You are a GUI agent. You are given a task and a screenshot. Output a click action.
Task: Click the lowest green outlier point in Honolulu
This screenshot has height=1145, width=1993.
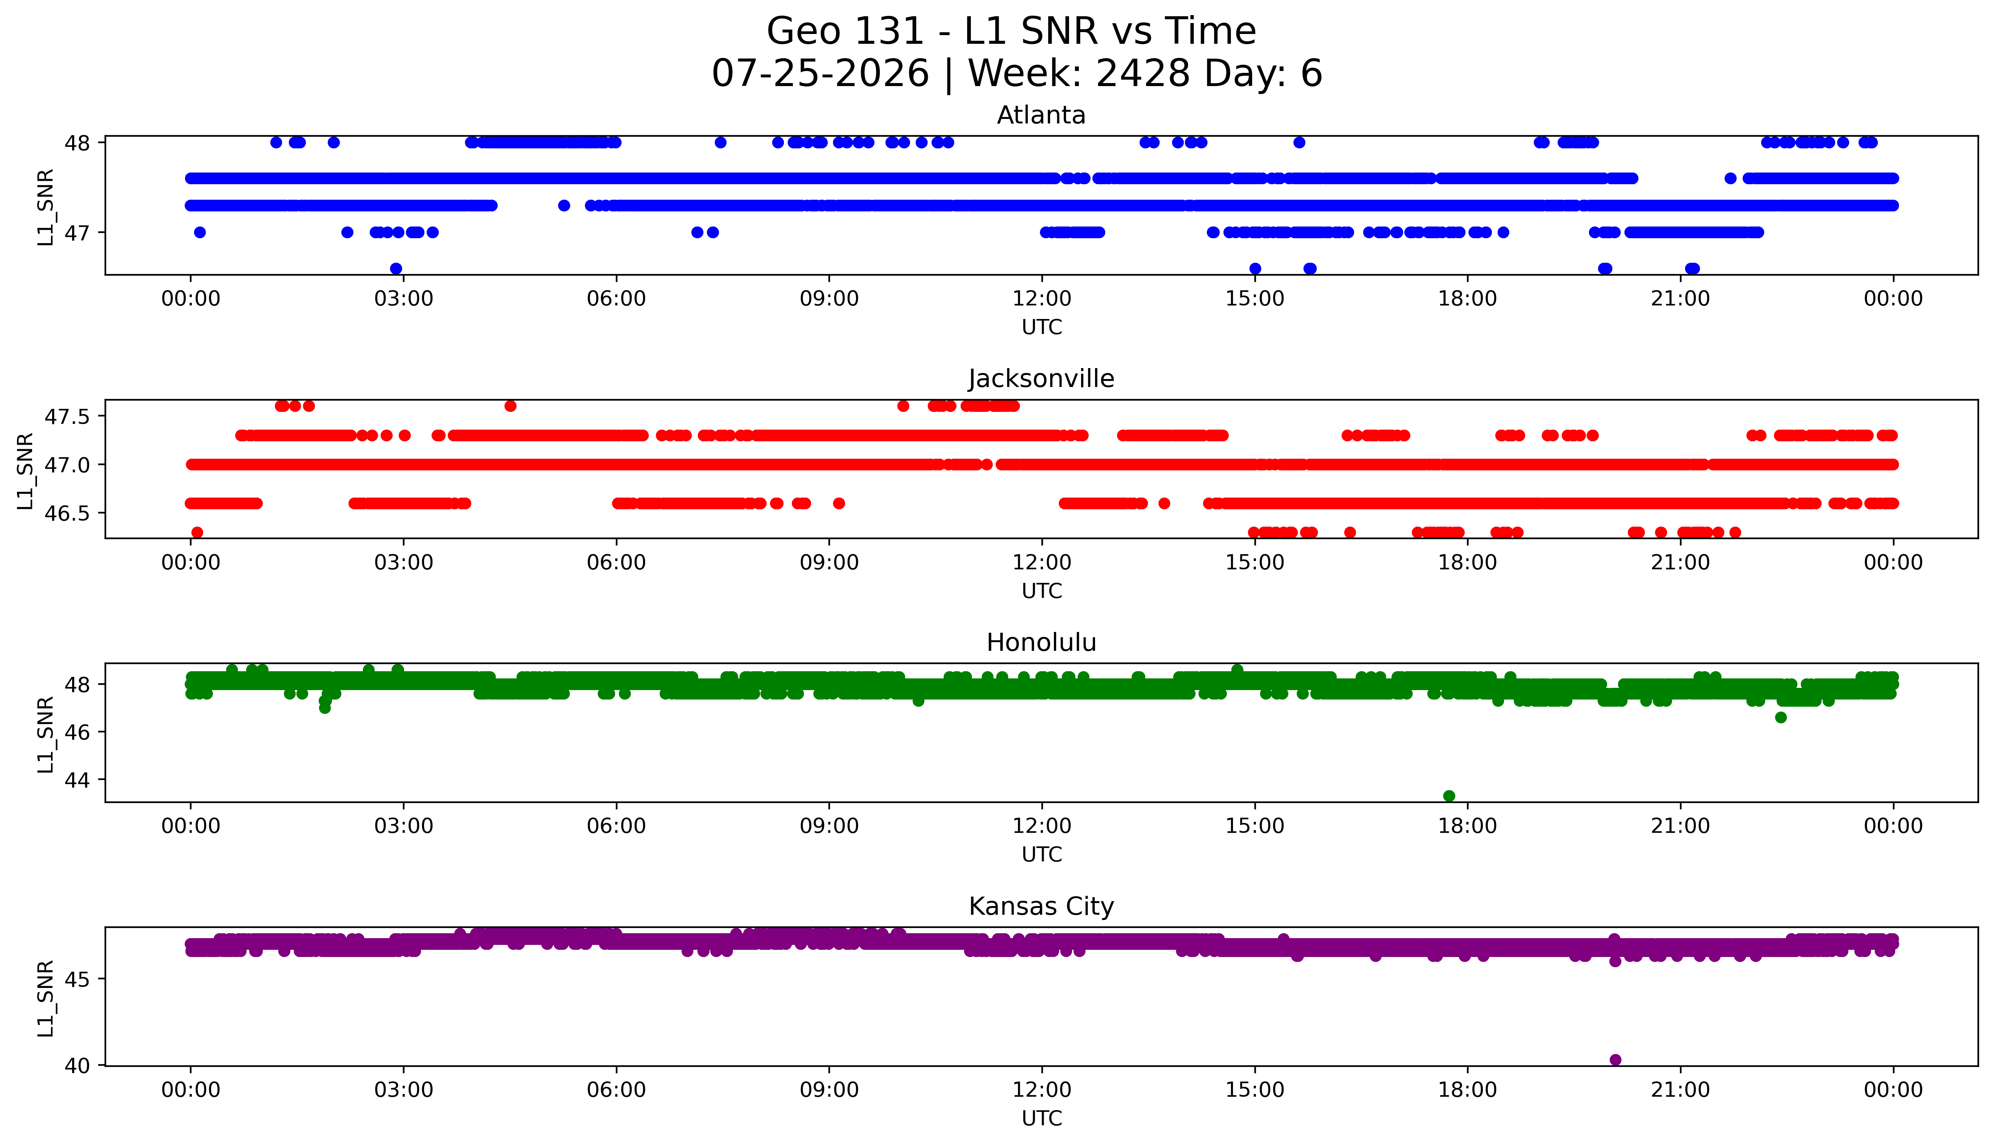coord(1449,796)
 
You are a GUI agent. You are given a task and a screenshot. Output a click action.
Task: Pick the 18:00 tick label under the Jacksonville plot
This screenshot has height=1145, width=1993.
coord(1468,562)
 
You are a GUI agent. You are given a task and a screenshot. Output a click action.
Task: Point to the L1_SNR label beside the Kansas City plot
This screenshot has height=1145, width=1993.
coord(46,998)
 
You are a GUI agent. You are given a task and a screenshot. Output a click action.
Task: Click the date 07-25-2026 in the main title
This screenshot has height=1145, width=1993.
coord(820,74)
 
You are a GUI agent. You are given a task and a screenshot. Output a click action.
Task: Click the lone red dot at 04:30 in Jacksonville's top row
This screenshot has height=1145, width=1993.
coord(511,406)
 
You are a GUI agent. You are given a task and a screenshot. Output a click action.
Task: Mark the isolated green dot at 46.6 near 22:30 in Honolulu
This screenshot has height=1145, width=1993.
coord(1781,717)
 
